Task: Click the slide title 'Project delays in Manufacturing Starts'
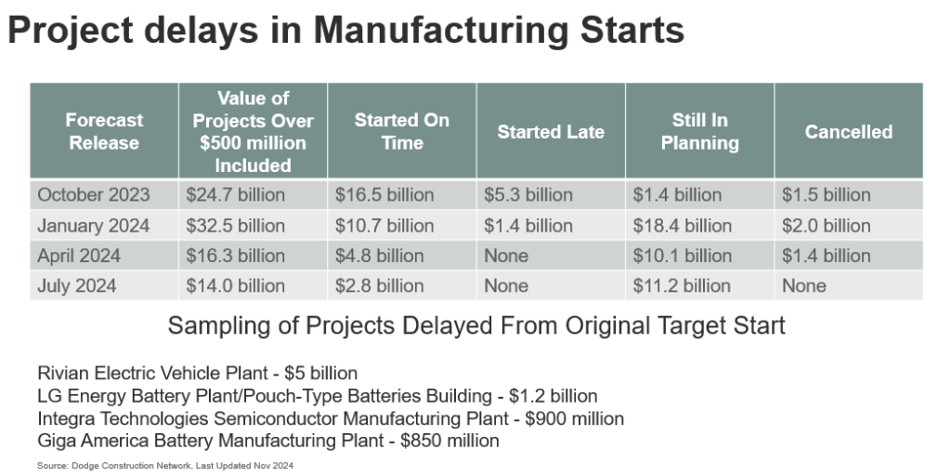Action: pyautogui.click(x=345, y=31)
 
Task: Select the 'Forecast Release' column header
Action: pyautogui.click(x=104, y=132)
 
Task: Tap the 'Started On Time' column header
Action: pyautogui.click(x=401, y=132)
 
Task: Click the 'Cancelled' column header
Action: pyautogui.click(x=848, y=132)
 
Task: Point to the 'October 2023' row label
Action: pyautogui.click(x=93, y=195)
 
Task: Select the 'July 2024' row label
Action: pyautogui.click(x=77, y=286)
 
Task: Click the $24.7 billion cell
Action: pyautogui.click(x=236, y=195)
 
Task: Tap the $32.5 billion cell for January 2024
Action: pyautogui.click(x=236, y=226)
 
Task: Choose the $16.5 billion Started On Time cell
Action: pyautogui.click(x=384, y=195)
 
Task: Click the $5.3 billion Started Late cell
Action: pyautogui.click(x=528, y=195)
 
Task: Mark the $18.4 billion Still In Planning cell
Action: pyautogui.click(x=683, y=226)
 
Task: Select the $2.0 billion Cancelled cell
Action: pyautogui.click(x=826, y=226)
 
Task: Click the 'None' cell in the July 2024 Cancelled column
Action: pyautogui.click(x=803, y=286)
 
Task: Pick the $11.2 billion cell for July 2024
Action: pyautogui.click(x=683, y=286)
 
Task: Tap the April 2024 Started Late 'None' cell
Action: pyautogui.click(x=506, y=256)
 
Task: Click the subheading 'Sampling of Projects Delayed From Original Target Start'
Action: pyautogui.click(x=475, y=326)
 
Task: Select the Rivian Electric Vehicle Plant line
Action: pyautogui.click(x=197, y=374)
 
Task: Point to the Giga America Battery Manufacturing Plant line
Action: pyautogui.click(x=268, y=441)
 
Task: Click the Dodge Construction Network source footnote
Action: pyautogui.click(x=166, y=464)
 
